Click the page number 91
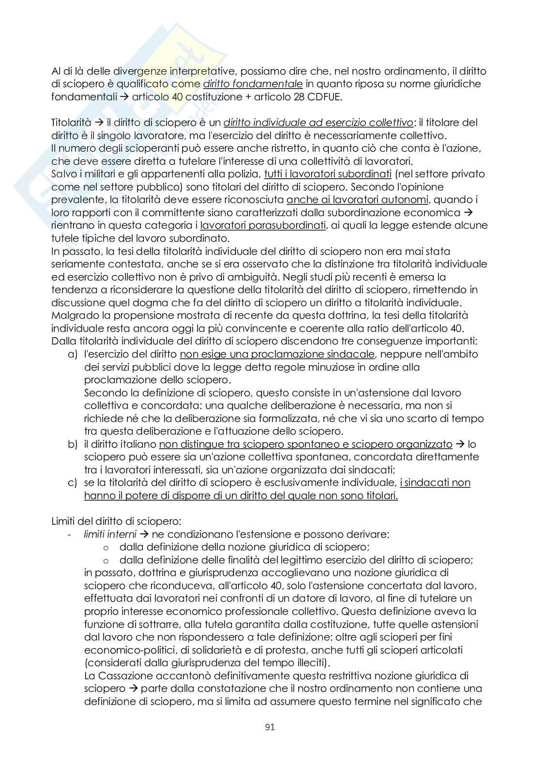[x=270, y=727]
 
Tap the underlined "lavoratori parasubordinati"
[x=263, y=225]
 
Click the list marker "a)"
[x=73, y=354]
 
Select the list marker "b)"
[x=73, y=444]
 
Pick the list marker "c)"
[x=73, y=483]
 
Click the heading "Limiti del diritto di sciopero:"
[x=116, y=521]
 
